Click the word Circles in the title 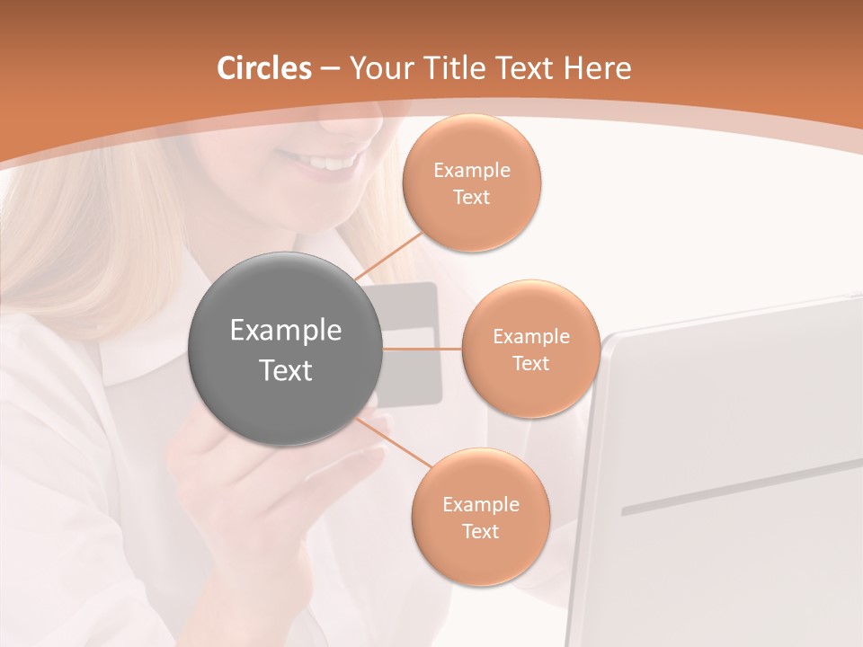coord(263,68)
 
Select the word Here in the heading coord(597,68)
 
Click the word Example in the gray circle coord(286,331)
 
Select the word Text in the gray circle coord(286,370)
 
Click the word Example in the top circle coord(471,171)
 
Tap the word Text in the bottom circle coord(480,531)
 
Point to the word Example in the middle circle coord(530,337)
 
